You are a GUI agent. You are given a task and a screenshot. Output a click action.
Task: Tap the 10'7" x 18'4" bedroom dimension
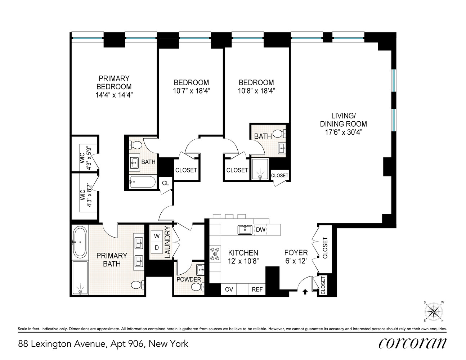[191, 91]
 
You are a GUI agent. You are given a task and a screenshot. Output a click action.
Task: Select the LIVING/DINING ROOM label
[343, 123]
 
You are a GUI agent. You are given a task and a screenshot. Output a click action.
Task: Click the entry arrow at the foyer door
[305, 292]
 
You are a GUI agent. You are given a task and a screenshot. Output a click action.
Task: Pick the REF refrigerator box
[257, 289]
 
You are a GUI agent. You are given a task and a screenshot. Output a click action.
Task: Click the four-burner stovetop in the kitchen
[215, 254]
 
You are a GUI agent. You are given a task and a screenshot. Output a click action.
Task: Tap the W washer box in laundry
[157, 237]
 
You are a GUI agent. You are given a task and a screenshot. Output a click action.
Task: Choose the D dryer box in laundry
[157, 248]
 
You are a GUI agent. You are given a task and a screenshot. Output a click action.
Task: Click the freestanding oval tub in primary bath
[80, 242]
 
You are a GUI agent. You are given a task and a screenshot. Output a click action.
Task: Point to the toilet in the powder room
[197, 287]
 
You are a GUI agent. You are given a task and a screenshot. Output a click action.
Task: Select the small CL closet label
[165, 183]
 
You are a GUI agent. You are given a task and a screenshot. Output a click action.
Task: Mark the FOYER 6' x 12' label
[296, 257]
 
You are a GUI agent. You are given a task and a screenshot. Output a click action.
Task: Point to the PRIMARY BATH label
[112, 260]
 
